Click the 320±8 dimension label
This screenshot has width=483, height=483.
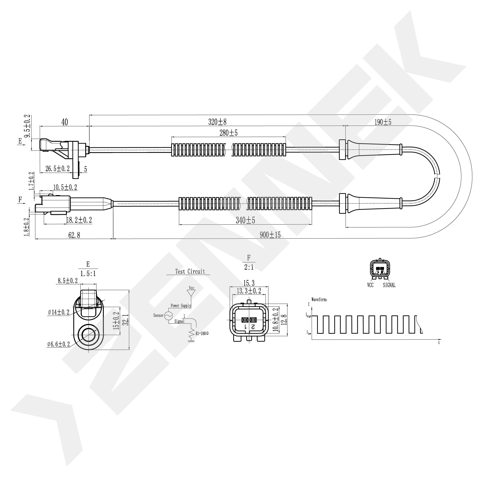[217, 122]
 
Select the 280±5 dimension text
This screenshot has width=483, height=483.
[229, 133]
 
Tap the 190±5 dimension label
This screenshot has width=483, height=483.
[383, 122]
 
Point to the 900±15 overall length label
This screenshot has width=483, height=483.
[270, 235]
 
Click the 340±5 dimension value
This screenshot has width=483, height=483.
[245, 220]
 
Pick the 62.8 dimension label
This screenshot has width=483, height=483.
[74, 235]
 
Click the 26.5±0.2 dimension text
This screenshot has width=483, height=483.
[57, 169]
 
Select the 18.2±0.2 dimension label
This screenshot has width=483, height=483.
[79, 220]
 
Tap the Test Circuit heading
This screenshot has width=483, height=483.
[190, 272]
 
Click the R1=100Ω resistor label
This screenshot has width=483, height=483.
[202, 334]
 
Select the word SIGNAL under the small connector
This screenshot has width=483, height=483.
[389, 285]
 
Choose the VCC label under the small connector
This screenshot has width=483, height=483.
[370, 285]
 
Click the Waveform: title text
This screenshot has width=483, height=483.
[319, 299]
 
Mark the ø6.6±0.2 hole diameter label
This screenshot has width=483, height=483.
[58, 344]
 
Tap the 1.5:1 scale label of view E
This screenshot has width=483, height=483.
[88, 274]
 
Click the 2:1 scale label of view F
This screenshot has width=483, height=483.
[249, 267]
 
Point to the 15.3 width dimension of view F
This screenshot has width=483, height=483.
[249, 283]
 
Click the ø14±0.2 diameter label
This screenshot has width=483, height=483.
[59, 312]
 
